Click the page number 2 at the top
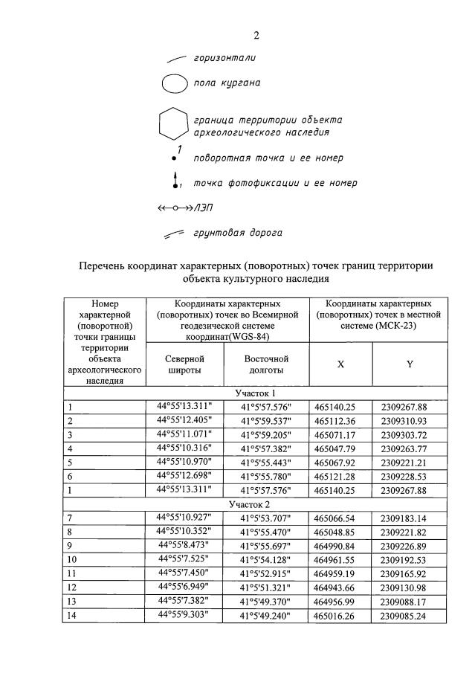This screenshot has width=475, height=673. pos(256,35)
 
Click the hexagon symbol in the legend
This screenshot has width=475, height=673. pos(172,125)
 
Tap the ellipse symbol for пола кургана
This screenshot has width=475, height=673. pos(175,83)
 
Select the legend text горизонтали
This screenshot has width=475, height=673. pos(224,57)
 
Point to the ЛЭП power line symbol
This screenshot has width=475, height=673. pos(174,208)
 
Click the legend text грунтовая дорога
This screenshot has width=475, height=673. pos(237,232)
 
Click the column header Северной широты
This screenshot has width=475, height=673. pos(184,364)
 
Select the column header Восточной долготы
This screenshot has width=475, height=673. pos(266,364)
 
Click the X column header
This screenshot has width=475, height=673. pos(340,364)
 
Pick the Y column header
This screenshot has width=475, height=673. pos(410,364)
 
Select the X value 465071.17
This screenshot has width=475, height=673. pos(340,434)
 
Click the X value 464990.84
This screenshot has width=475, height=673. pos(340,545)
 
